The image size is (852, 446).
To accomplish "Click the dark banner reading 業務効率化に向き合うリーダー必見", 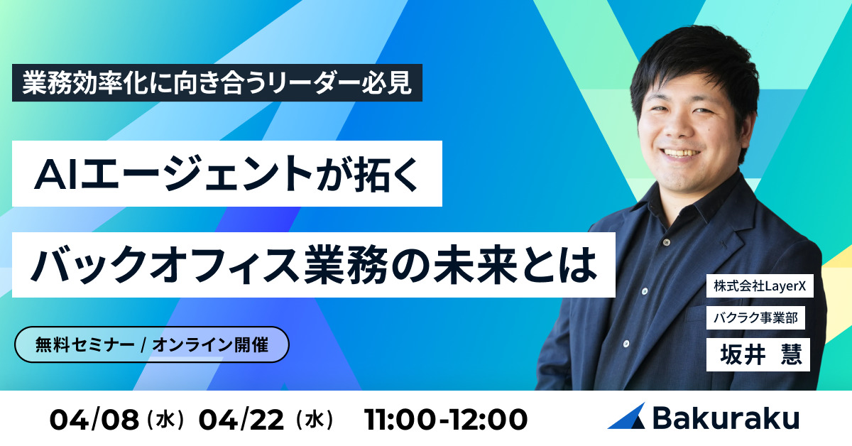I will [217, 85].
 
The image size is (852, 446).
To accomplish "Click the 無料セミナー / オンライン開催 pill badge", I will [152, 345].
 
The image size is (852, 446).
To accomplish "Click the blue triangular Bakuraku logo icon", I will [626, 417].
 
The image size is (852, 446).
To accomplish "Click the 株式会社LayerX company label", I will [758, 287].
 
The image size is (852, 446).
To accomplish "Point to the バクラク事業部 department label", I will [755, 319].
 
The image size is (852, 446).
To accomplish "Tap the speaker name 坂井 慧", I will [758, 352].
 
